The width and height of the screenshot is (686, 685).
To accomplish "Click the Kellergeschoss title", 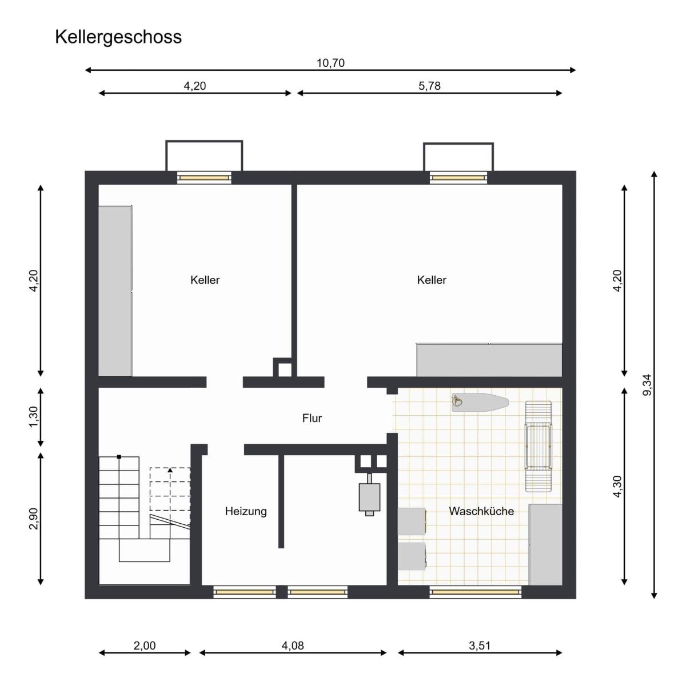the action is (x=118, y=37).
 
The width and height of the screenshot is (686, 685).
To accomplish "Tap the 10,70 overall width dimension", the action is (x=330, y=63).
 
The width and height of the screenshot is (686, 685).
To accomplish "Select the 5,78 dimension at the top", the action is (x=429, y=86).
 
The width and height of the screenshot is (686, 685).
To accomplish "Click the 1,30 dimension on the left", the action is (x=34, y=417).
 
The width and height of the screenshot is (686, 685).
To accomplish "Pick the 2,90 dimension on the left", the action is (x=34, y=518).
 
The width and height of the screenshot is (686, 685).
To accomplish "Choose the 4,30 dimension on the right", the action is (x=617, y=486).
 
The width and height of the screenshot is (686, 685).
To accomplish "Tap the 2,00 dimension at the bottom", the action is (x=145, y=646).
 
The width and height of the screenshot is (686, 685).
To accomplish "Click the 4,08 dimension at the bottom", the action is (x=293, y=646).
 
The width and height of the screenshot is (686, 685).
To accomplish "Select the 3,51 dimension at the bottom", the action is (x=480, y=646).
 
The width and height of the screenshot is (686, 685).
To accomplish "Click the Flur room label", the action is (x=312, y=418).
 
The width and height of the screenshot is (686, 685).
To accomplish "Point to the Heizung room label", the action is (x=246, y=512).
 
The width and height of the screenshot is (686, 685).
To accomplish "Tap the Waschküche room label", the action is (x=481, y=511).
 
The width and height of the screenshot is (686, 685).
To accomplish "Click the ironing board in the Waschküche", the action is (x=480, y=403).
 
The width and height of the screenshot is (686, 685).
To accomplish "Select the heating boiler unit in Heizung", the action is (x=369, y=495).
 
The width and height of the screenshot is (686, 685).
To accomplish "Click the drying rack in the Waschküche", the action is (x=539, y=447).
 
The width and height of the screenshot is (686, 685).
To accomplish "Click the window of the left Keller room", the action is (x=204, y=177).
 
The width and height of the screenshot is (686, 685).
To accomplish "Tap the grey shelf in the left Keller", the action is (x=115, y=290).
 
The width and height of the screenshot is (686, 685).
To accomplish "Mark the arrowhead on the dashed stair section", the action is (x=170, y=470).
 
